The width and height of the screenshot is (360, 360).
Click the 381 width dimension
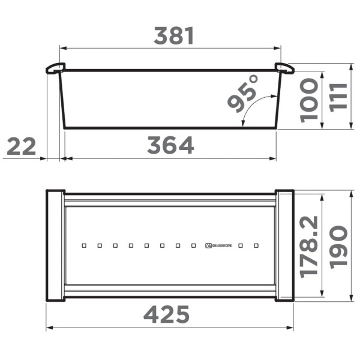click(x=174, y=37)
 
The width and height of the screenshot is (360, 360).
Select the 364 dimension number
click(x=171, y=145)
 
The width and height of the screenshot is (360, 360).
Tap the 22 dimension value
click(x=22, y=146)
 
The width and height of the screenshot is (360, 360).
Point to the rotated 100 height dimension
click(x=310, y=100)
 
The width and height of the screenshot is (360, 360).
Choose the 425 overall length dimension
click(x=167, y=314)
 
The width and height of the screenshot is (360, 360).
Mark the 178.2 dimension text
click(x=310, y=246)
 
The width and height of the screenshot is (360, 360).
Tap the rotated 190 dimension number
click(x=338, y=246)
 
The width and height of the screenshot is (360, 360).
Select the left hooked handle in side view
click(x=55, y=68)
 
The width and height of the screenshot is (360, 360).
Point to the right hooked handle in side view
click(x=284, y=68)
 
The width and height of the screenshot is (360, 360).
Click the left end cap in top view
click(x=55, y=245)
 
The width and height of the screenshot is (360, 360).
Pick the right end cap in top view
click(x=284, y=245)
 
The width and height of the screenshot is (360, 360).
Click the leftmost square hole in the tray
click(x=84, y=245)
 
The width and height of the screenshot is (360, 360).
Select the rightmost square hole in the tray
click(x=256, y=245)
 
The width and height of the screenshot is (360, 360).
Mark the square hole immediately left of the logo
click(x=193, y=245)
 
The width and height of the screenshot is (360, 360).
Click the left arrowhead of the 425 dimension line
click(x=49, y=328)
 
